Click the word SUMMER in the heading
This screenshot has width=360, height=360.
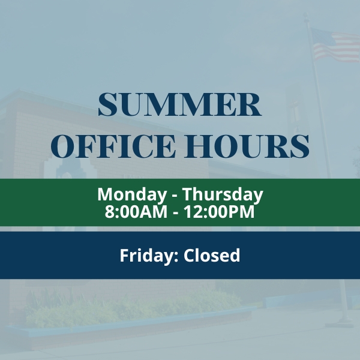[x=180, y=104]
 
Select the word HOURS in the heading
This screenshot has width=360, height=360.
[x=247, y=146]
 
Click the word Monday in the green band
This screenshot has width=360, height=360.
[x=132, y=194]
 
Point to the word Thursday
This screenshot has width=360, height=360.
[x=223, y=194]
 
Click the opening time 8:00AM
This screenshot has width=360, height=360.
[x=136, y=211]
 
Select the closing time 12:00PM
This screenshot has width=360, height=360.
[x=219, y=211]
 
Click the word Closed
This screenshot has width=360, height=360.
[x=212, y=255]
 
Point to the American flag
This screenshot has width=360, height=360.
[x=335, y=45]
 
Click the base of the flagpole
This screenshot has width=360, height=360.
[x=340, y=323]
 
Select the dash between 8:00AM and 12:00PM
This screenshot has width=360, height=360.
[x=176, y=213]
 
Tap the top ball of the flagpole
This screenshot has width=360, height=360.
[x=305, y=14]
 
